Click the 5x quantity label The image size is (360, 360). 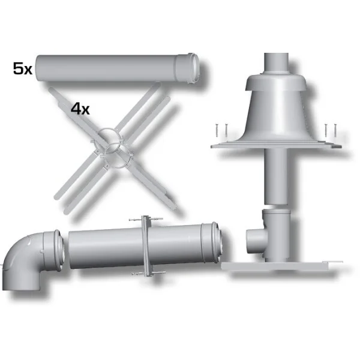(23, 68)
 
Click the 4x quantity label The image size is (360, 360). (80, 109)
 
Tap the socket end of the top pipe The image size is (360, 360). (187, 68)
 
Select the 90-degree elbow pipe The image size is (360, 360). (32, 259)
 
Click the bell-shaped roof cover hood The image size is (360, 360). (277, 108)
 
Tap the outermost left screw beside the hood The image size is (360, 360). (216, 130)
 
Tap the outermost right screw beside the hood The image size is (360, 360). (335, 131)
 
